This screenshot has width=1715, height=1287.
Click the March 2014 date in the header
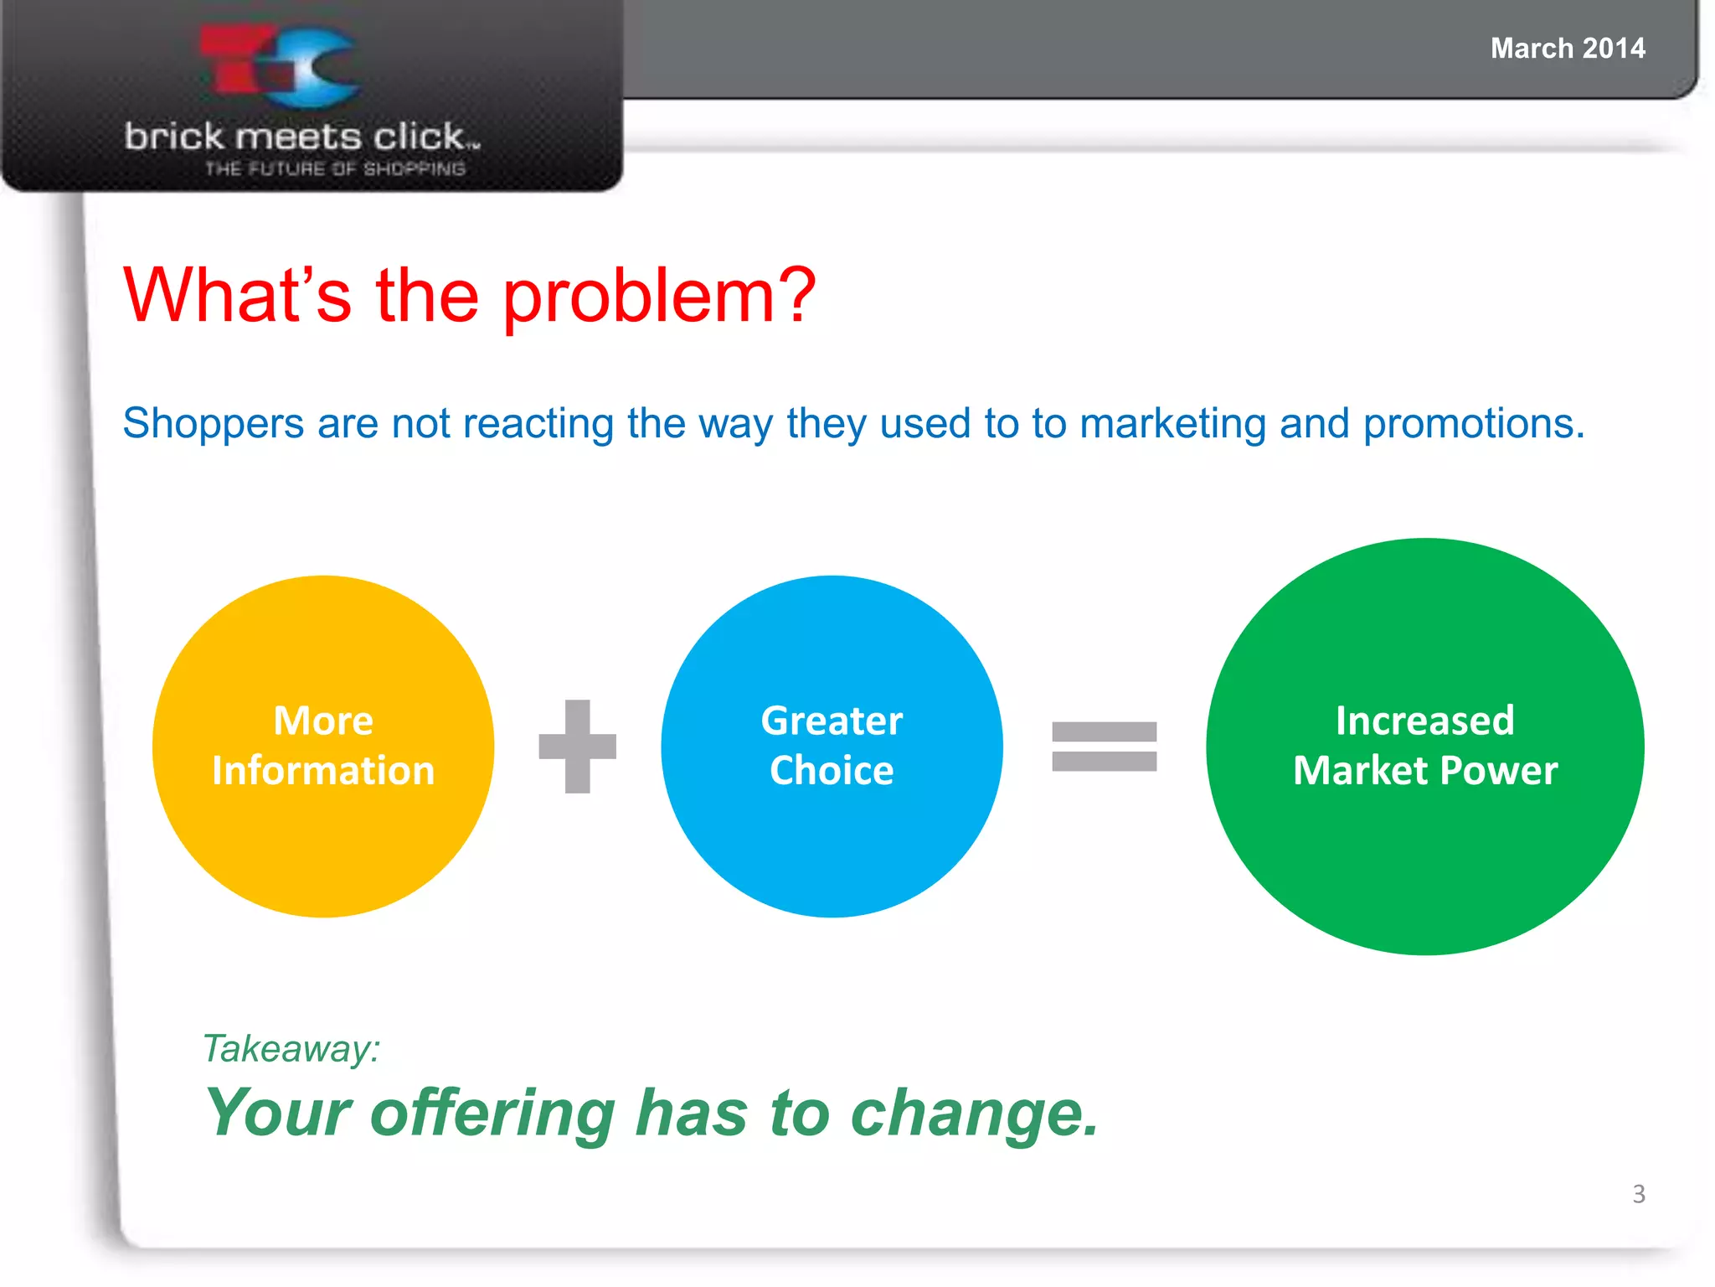point(1568,49)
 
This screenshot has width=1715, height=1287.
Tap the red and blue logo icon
point(281,67)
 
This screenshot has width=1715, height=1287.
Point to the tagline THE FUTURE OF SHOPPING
point(335,169)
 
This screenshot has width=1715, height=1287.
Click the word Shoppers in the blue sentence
point(213,424)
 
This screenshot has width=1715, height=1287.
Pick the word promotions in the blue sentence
point(1474,424)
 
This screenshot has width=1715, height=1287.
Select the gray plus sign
point(577,746)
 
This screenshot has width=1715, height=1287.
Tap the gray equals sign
point(1104,746)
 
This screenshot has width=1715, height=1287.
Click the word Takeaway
point(291,1049)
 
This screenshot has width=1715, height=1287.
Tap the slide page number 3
point(1638,1194)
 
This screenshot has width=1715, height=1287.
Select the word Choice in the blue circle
point(832,771)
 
